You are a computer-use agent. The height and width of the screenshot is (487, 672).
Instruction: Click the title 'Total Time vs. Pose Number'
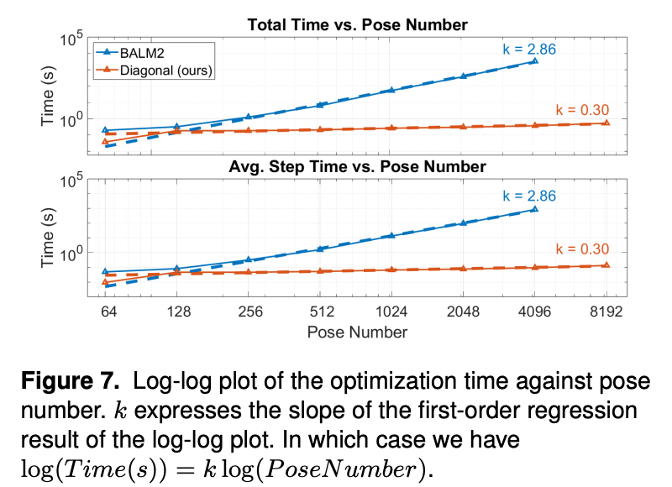point(357,26)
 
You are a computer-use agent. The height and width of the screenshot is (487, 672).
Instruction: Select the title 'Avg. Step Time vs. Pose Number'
point(357,167)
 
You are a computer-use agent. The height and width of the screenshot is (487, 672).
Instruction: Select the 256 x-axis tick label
point(249,311)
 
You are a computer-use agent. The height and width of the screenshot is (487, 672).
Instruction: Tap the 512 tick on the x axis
point(320,311)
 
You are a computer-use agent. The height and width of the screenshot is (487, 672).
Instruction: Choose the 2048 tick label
point(463,311)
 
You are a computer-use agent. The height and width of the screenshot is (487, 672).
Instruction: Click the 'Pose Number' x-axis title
point(357,332)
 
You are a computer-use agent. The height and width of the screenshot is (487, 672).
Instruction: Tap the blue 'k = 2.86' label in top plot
point(529,48)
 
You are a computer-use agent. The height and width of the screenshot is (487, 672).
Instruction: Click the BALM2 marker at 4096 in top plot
point(534,61)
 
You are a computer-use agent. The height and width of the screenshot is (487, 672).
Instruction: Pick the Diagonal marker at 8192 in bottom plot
point(606,264)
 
